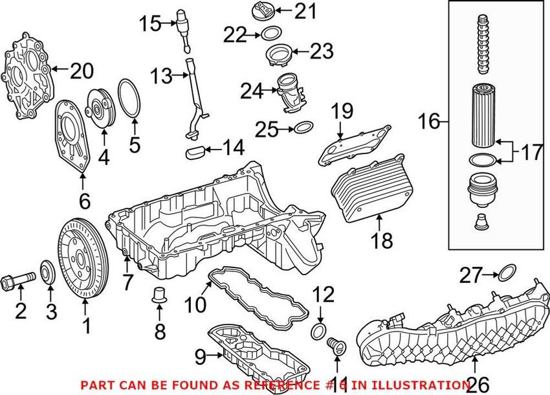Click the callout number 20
(82, 71)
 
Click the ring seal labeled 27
(509, 273)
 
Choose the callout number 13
(161, 77)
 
